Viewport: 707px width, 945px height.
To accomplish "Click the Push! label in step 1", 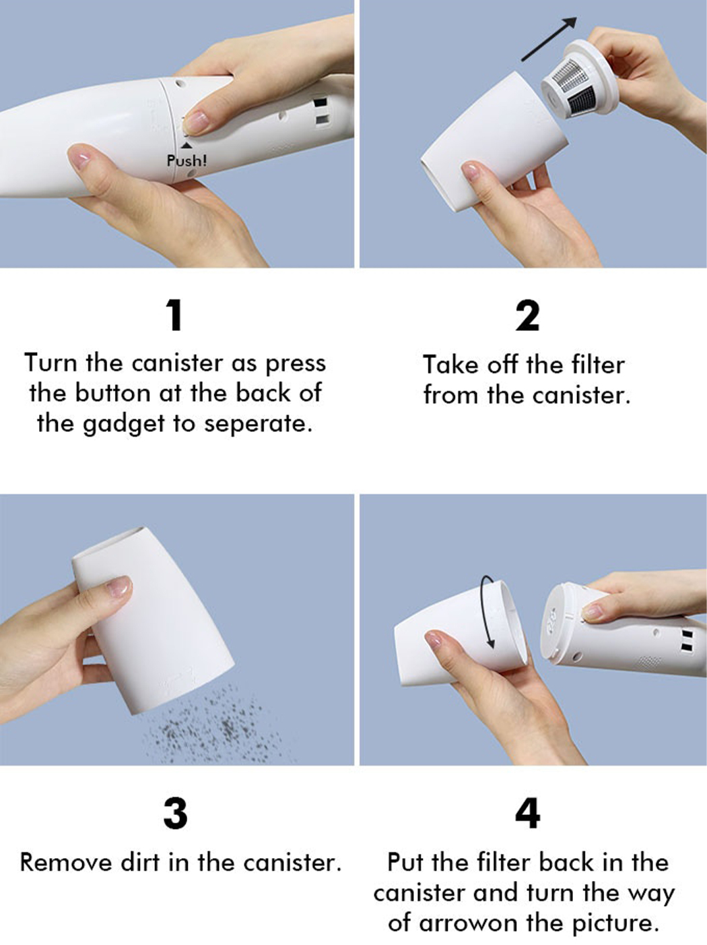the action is pyautogui.click(x=187, y=161).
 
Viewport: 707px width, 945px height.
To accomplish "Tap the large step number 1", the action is pyautogui.click(x=175, y=315).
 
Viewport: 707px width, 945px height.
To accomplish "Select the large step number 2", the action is pyautogui.click(x=527, y=315).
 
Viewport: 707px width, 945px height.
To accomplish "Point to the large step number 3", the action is pyautogui.click(x=176, y=814).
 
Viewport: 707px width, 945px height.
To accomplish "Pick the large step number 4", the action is pyautogui.click(x=528, y=814).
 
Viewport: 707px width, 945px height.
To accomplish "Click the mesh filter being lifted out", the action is pyautogui.click(x=576, y=84).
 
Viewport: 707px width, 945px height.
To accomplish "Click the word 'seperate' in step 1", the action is pyautogui.click(x=257, y=424).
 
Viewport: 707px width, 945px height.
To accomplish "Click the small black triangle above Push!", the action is pyautogui.click(x=187, y=146).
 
